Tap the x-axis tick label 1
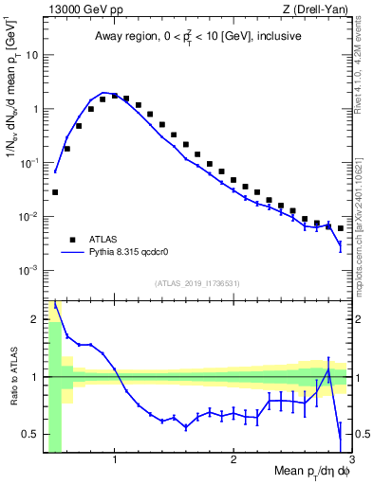tap(115, 459)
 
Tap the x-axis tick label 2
tap(233, 459)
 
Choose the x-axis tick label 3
tap(350, 459)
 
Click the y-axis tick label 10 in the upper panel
tap(29, 55)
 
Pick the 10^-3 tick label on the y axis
tap(28, 271)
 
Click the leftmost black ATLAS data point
tap(55, 192)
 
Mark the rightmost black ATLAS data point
tap(341, 228)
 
